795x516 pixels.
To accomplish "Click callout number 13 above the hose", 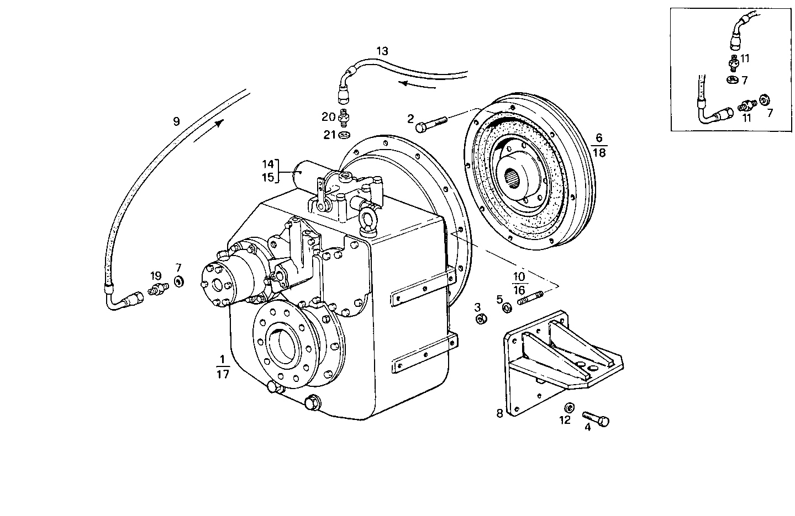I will tap(382, 51).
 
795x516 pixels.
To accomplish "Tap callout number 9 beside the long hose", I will tap(176, 121).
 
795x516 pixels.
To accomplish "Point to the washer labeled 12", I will tap(568, 408).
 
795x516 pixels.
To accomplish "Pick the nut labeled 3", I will tap(481, 318).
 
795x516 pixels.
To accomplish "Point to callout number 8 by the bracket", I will tap(499, 413).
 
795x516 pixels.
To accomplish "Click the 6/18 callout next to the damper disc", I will tap(599, 145).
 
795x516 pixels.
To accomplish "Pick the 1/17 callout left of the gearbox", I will tap(222, 367).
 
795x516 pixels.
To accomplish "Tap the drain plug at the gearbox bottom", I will tap(312, 403).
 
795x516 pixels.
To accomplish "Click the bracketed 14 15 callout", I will tap(268, 171).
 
